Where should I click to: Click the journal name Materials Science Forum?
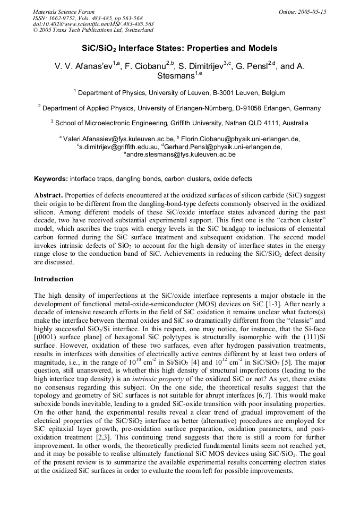pyautogui.click(x=64, y=12)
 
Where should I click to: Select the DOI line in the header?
pyautogui.click(x=93, y=24)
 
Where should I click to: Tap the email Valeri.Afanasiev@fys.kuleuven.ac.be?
pyautogui.click(x=118, y=139)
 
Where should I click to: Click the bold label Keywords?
pyautogui.click(x=51, y=179)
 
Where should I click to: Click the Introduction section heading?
pyautogui.click(x=54, y=279)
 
